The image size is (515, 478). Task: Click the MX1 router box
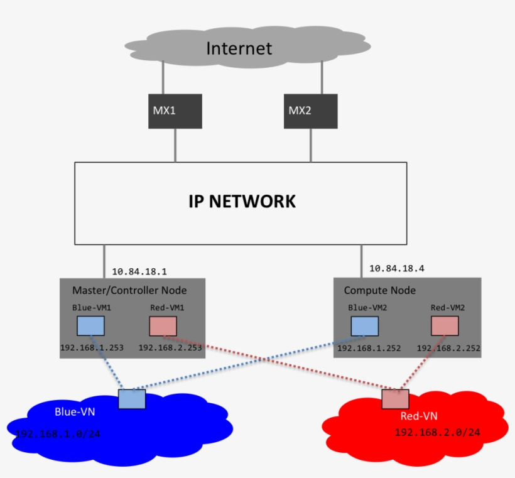[x=175, y=111]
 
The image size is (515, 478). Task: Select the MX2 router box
[x=310, y=111]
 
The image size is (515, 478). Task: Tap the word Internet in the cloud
[x=239, y=48]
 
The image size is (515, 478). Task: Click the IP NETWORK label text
[x=242, y=202]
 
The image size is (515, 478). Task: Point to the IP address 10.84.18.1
[x=139, y=272]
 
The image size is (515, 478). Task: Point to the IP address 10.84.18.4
[x=397, y=268]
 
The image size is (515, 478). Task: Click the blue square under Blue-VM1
[x=90, y=326]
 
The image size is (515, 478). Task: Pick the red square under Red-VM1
[x=163, y=326]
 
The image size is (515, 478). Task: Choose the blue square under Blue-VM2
[x=364, y=326]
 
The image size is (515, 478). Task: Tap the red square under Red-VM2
[x=445, y=326]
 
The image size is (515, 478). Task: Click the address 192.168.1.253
[x=92, y=347]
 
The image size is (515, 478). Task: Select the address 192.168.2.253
[x=170, y=347]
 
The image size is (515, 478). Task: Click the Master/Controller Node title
[x=129, y=290]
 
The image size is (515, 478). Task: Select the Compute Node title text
[x=379, y=290]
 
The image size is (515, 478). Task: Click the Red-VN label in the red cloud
[x=418, y=416]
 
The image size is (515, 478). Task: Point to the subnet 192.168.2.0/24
[x=437, y=433]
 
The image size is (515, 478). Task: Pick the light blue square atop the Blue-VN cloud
[x=132, y=399]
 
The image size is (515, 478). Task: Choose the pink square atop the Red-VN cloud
[x=395, y=399]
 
